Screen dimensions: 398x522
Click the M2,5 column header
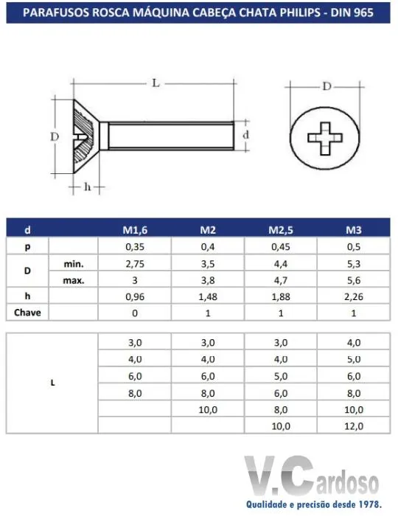[281, 230]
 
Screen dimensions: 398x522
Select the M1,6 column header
[135, 230]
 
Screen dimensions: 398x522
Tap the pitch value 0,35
[135, 247]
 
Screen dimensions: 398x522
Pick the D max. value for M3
[353, 280]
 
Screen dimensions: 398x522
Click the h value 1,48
[208, 296]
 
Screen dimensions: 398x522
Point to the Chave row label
[27, 313]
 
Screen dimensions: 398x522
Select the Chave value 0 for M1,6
[135, 313]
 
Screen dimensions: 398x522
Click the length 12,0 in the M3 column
[353, 426]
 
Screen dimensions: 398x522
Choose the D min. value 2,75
[135, 264]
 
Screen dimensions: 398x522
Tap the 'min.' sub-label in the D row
[74, 265]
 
